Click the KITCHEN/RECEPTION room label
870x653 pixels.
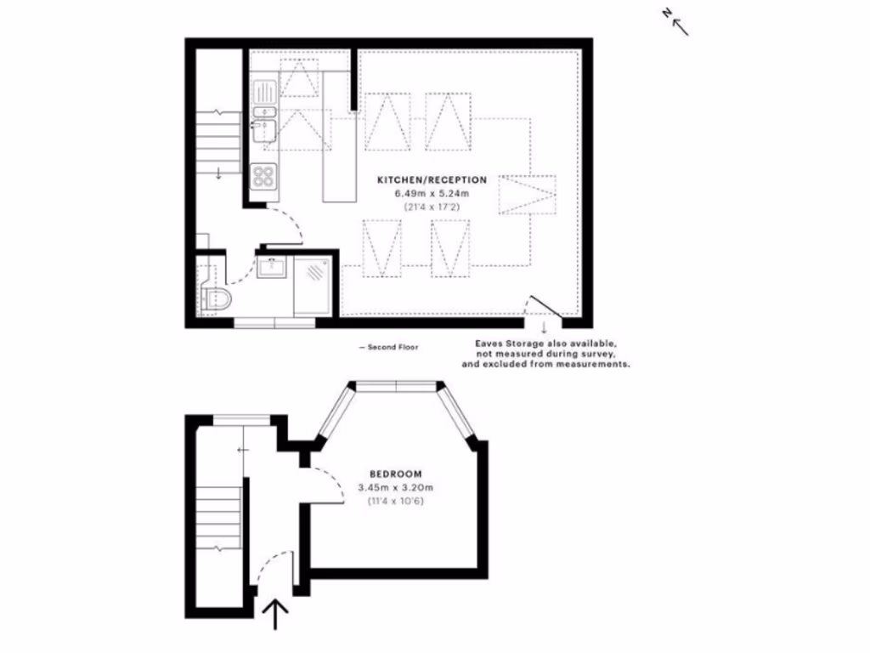pyautogui.click(x=432, y=180)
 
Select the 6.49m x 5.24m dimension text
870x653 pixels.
pyautogui.click(x=432, y=194)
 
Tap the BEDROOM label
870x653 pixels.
pyautogui.click(x=395, y=474)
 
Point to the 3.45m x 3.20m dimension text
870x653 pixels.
pyautogui.click(x=395, y=487)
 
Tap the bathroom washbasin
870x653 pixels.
pyautogui.click(x=274, y=269)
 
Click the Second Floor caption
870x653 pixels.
pyautogui.click(x=388, y=347)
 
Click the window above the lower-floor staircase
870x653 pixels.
pyautogui.click(x=242, y=418)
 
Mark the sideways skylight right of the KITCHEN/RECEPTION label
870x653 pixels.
pyautogui.click(x=528, y=195)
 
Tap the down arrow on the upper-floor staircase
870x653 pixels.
pyautogui.click(x=218, y=173)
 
